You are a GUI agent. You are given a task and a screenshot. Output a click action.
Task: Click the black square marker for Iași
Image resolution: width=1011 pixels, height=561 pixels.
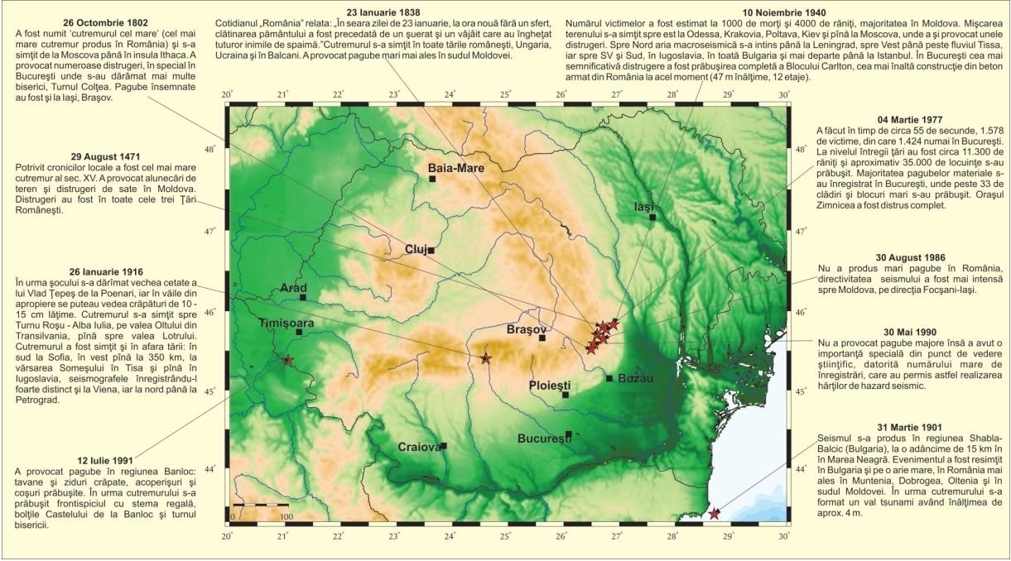pos(652,217)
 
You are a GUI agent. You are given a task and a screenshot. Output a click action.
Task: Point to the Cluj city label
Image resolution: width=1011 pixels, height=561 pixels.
pos(416,249)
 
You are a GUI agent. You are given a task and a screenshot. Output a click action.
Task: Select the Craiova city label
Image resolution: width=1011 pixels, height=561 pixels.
pos(418,447)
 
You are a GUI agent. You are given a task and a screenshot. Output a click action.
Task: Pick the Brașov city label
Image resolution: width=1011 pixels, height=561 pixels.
pos(522,329)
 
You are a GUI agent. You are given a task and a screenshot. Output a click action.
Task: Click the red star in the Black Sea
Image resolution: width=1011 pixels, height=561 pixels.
pos(715,514)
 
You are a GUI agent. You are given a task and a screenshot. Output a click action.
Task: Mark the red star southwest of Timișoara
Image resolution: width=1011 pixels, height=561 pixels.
pos(287,360)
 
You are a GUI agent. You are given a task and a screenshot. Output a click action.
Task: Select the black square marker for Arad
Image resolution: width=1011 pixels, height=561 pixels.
pos(303,296)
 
